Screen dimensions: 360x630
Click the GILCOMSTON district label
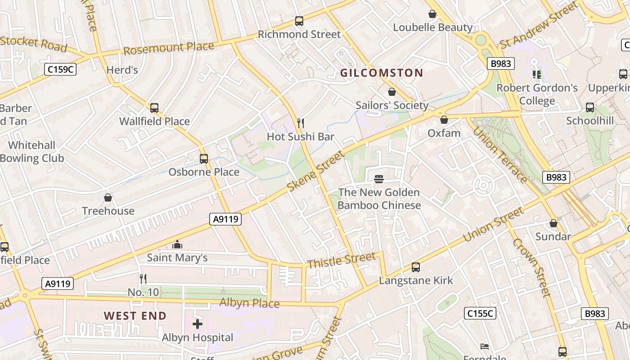[x=382, y=73]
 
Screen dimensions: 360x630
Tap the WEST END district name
[x=135, y=315]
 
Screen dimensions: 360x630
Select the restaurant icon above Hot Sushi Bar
[x=301, y=123]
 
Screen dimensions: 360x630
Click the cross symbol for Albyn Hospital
[x=198, y=324]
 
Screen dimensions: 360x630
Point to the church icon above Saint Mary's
[x=177, y=244]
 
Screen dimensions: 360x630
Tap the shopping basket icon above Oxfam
[x=444, y=120]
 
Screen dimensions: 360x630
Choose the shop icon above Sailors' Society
[x=392, y=92]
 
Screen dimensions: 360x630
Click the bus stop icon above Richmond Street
[x=299, y=21]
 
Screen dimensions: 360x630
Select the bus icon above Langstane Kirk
[x=416, y=267]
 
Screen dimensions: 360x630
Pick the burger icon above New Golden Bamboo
[x=379, y=179]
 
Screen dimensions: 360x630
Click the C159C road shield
[x=60, y=69]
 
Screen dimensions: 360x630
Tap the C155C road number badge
[x=480, y=313]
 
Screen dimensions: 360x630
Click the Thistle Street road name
[x=341, y=260]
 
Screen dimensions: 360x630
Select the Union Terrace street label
[x=499, y=155]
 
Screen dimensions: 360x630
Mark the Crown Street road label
[x=532, y=268]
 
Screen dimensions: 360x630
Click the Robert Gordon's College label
[x=537, y=94]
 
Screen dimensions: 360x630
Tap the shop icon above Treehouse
[x=108, y=198]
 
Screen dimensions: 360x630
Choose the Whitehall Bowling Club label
[x=32, y=152]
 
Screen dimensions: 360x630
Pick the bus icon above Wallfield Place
[x=154, y=108]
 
